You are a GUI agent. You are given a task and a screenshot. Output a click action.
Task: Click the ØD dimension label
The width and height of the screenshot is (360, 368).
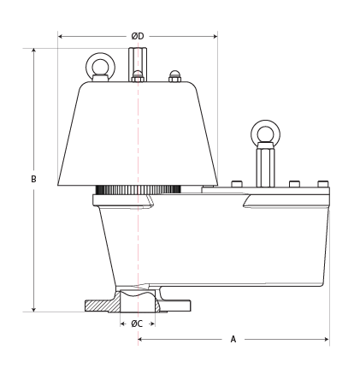(x=138, y=36)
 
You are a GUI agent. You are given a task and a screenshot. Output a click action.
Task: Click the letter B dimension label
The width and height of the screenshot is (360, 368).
(x=33, y=179)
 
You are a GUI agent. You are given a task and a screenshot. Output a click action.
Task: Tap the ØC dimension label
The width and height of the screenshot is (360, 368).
(x=137, y=323)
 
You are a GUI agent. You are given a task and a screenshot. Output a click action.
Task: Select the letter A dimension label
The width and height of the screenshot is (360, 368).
(x=233, y=339)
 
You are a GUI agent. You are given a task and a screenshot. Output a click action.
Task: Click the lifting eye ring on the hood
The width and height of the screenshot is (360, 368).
(x=101, y=56)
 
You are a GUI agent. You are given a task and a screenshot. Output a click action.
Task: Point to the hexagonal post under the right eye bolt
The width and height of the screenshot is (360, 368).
(x=265, y=165)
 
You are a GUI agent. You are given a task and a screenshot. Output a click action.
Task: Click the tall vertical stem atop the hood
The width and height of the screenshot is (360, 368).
(x=138, y=62)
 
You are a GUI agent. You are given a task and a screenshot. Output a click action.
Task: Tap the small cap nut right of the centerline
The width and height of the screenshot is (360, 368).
(x=174, y=76)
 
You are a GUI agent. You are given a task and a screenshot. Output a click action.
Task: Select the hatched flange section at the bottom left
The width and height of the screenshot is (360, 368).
(x=103, y=306)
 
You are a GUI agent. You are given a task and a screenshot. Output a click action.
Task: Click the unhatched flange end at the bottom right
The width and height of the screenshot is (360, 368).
(x=175, y=305)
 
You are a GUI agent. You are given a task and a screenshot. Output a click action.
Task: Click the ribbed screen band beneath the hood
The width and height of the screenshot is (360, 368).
(x=138, y=189)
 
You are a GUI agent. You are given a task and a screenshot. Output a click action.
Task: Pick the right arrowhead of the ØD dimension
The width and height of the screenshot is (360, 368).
(x=215, y=36)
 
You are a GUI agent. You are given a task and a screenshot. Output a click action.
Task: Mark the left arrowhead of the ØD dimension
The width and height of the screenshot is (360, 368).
(x=60, y=36)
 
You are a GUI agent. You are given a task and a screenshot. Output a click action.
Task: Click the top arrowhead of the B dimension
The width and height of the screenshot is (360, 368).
(x=33, y=50)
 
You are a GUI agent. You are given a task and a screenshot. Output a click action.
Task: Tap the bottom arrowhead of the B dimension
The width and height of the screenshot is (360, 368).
(x=33, y=309)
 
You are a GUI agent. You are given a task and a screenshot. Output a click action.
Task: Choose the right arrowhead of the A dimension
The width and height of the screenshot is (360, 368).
(x=327, y=339)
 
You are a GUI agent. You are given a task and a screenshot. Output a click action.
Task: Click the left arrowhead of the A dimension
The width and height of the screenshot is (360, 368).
(x=140, y=339)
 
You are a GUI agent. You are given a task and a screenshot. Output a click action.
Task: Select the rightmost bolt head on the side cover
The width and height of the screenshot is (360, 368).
(x=323, y=184)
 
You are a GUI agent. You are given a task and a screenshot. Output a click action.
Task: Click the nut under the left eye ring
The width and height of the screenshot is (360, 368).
(x=101, y=78)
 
